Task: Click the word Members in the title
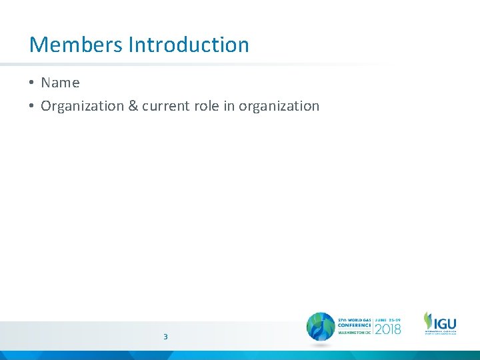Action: [76, 45]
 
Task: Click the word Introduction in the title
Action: [189, 45]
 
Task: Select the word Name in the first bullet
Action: [60, 83]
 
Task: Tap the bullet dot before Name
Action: [31, 83]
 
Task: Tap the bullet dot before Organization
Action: [31, 106]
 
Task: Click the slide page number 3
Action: [165, 337]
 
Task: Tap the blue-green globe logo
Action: [321, 327]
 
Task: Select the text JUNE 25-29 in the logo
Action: [388, 317]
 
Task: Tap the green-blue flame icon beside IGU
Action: [427, 319]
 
